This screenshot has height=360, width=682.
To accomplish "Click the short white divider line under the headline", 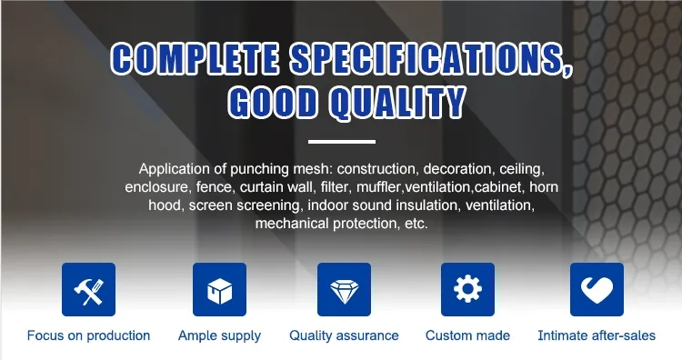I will click(x=341, y=142).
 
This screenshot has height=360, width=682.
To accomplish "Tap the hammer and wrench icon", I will click(x=88, y=290).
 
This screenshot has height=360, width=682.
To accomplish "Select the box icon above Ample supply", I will click(x=219, y=290).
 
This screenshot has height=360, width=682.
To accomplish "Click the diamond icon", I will click(x=344, y=290).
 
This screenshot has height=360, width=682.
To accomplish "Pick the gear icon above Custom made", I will click(x=467, y=290).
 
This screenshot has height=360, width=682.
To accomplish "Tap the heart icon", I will click(x=597, y=290).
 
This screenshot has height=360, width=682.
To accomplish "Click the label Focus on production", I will click(x=88, y=335).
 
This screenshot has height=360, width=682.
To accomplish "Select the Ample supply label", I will click(x=219, y=335).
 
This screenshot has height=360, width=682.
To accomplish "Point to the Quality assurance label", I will click(x=344, y=335).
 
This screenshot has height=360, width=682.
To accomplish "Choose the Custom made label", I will click(x=467, y=335).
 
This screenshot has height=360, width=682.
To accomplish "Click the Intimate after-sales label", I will click(x=597, y=335).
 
